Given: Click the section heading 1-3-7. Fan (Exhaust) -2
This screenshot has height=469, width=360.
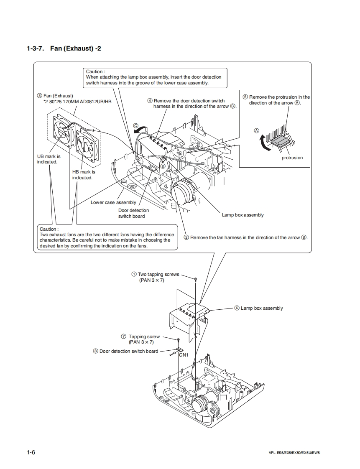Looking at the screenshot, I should [x=64, y=48].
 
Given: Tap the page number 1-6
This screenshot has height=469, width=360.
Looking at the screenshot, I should [x=31, y=453].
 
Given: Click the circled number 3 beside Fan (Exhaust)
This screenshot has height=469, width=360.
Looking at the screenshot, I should [x=39, y=96].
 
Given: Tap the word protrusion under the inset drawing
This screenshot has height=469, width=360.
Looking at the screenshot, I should [x=292, y=158].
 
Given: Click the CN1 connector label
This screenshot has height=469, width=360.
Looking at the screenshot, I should [x=184, y=355].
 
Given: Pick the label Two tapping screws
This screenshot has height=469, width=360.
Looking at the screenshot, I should [x=158, y=274].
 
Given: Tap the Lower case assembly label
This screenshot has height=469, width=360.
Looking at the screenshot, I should [x=113, y=202].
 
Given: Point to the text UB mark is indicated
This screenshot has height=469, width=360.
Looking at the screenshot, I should [x=49, y=159].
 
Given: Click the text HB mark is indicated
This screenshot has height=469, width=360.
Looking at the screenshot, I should [x=84, y=175].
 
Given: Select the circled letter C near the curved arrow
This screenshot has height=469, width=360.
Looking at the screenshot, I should [x=135, y=125].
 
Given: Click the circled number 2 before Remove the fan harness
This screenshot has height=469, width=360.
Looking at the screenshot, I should [x=186, y=237].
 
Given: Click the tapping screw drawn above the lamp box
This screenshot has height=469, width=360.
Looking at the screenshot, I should [x=195, y=279].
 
